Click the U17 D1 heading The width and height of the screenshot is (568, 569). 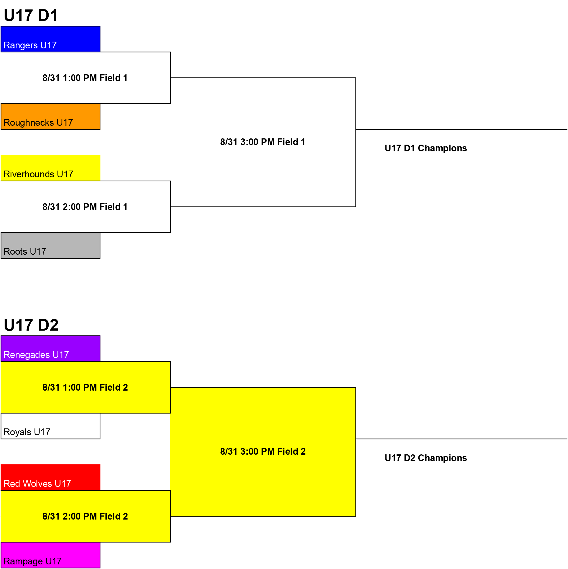31,15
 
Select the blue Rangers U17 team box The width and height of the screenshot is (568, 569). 50,39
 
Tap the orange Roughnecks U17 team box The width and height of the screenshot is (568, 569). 50,116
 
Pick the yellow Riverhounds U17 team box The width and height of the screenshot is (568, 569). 50,168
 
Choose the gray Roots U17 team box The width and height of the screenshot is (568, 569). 50,246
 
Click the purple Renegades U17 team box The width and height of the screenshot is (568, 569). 50,349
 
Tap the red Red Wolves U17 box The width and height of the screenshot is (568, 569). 50,478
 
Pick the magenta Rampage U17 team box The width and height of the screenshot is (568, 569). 50,555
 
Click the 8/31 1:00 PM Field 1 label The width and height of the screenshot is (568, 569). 85,78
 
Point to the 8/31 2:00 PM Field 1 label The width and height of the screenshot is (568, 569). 85,207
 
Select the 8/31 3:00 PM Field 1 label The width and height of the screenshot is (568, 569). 263,142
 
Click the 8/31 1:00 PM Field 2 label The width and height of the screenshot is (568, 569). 85,387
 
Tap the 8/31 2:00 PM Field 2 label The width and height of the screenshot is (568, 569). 85,516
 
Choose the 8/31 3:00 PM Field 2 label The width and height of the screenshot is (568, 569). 263,451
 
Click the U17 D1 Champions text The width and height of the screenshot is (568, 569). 426,148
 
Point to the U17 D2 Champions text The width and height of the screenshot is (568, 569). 426,458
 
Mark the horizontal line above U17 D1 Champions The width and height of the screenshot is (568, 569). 462,129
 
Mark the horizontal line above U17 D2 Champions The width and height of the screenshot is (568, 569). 462,439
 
